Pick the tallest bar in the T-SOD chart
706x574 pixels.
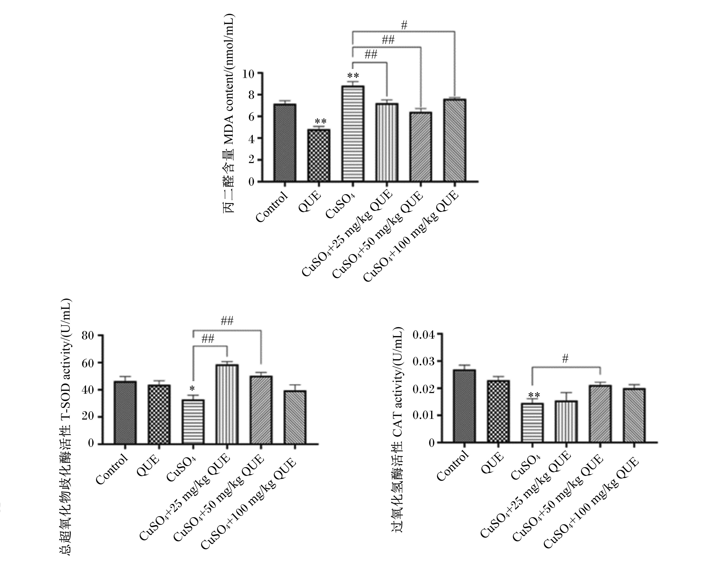tap(227, 404)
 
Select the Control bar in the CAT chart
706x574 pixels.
tap(464, 406)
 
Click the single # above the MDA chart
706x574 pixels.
tap(404, 25)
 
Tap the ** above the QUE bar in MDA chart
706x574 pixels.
tap(320, 121)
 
